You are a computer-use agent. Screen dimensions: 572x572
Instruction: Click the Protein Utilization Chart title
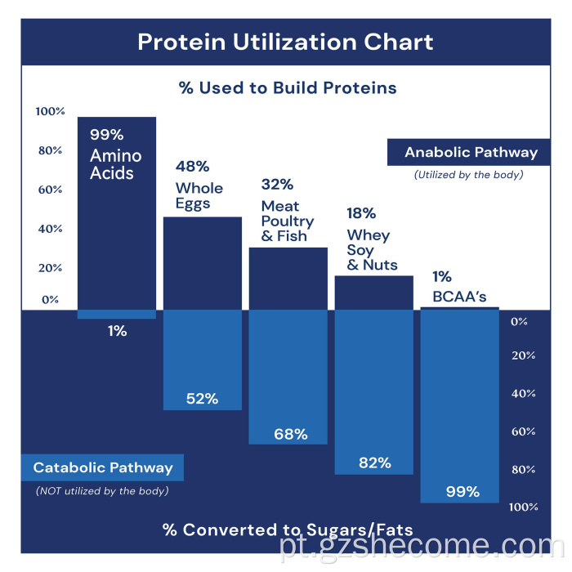click(285, 42)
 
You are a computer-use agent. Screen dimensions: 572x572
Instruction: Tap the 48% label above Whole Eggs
click(193, 166)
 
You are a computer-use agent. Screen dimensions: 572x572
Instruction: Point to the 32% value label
click(277, 184)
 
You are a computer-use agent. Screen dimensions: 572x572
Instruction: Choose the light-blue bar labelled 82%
click(374, 392)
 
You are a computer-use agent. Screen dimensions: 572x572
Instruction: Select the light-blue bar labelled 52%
click(203, 360)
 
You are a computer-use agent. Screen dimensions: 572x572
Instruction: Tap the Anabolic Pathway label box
click(471, 152)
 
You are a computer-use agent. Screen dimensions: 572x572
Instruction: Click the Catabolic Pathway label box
click(103, 468)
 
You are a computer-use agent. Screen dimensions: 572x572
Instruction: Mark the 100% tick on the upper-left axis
click(50, 111)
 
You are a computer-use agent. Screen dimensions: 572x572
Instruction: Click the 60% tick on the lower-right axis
click(523, 431)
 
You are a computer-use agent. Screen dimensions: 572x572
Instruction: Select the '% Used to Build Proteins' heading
click(288, 87)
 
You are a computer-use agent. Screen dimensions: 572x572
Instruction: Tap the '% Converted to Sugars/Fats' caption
click(287, 530)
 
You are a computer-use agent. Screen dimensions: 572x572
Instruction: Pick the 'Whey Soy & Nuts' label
click(373, 250)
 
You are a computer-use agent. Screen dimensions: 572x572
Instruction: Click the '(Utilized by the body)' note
click(468, 174)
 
